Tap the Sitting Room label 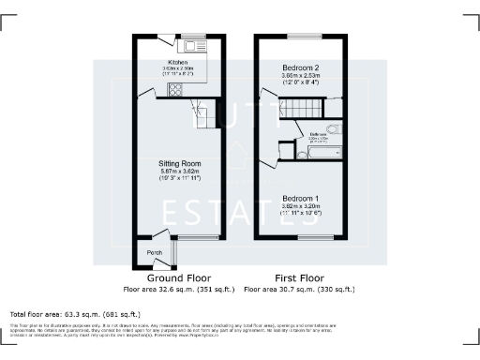178,162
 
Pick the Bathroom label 318,135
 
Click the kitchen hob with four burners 175,90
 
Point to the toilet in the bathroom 333,130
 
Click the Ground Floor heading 178,278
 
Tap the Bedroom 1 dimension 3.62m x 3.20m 302,205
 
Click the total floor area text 75,314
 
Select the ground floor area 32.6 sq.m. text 178,290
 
